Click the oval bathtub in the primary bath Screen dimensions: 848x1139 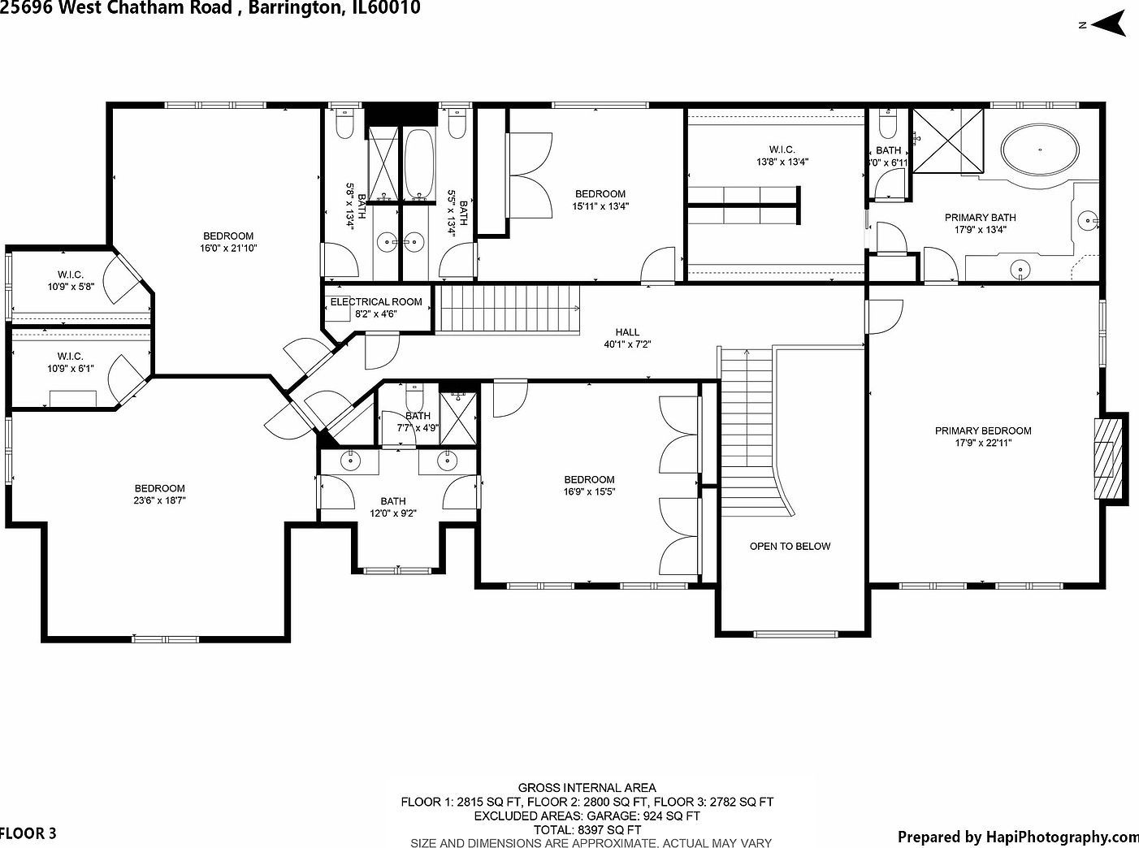point(1041,149)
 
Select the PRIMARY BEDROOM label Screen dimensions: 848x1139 point(982,431)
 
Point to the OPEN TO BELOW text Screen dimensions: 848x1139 point(790,547)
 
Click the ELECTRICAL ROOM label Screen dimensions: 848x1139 point(376,302)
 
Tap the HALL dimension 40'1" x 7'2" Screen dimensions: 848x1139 point(627,344)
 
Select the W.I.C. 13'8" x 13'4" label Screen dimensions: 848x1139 point(782,155)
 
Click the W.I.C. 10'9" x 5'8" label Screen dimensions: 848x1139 point(71,280)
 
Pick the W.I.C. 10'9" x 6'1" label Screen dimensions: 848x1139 point(71,362)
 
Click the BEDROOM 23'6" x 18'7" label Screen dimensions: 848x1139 point(160,495)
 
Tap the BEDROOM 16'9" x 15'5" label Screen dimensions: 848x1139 point(589,486)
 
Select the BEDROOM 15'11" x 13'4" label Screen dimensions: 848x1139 point(600,200)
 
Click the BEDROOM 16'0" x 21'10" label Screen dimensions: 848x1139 point(228,242)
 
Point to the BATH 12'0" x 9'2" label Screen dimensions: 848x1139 point(392,507)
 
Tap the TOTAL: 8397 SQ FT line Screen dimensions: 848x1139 point(587,830)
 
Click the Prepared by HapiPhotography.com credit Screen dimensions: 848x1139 point(1017,837)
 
